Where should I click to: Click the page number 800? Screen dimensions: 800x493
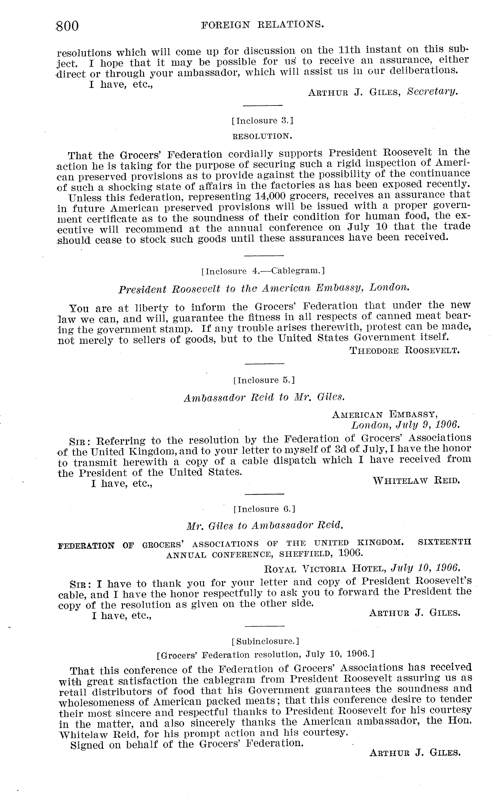click(67, 26)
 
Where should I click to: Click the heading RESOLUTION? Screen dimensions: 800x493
click(262, 136)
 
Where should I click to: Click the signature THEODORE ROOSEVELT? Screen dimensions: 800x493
click(405, 351)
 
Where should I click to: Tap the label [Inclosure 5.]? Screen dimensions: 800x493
click(264, 380)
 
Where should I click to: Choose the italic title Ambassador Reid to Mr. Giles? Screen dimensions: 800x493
click(264, 397)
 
